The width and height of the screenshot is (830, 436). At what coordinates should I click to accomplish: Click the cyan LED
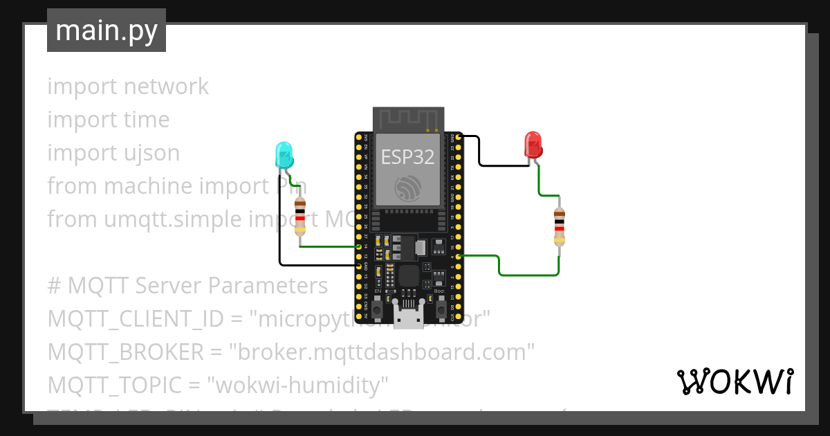point(284,155)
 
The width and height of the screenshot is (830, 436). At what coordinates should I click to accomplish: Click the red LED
point(533,144)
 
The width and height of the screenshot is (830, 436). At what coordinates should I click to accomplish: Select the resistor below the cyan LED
point(300,216)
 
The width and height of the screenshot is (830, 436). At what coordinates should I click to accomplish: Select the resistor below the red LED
point(559,226)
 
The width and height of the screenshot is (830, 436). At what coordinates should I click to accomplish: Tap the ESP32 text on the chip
point(408,157)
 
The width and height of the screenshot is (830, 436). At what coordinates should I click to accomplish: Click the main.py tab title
point(106,31)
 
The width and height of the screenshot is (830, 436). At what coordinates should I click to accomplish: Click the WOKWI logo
point(735,381)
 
